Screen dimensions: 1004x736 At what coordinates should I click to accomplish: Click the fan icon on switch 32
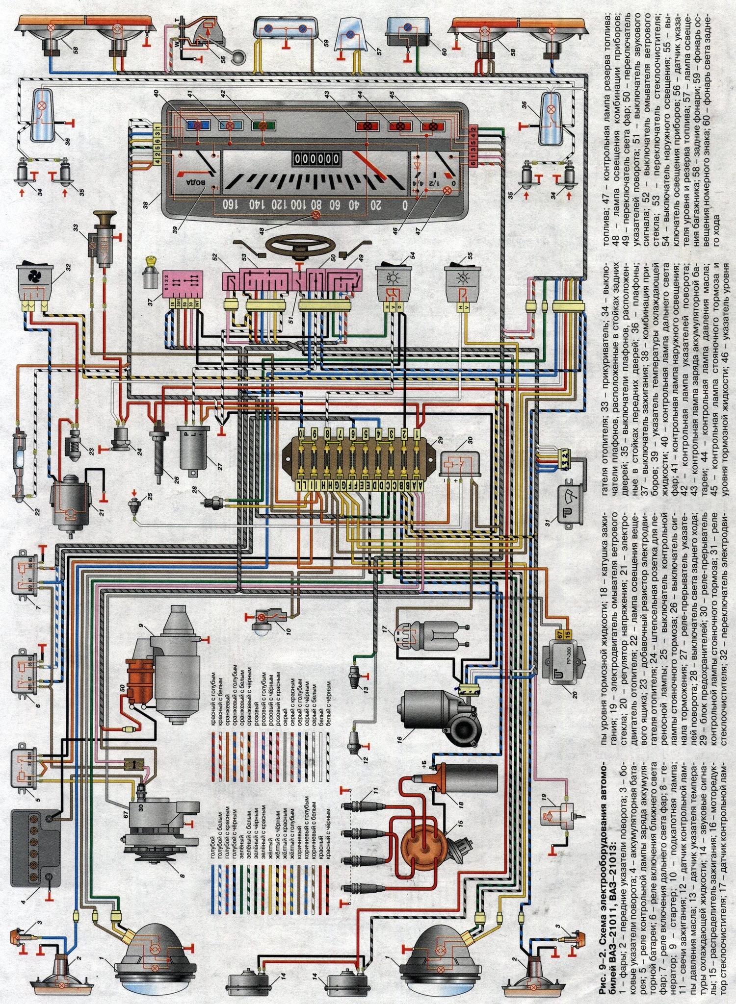point(33,281)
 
